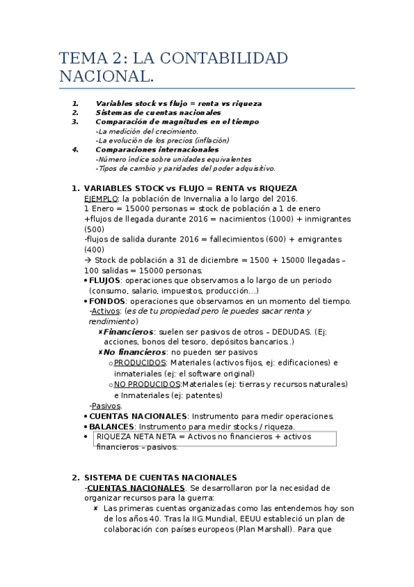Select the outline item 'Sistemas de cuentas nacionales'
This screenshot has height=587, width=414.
pos(158,112)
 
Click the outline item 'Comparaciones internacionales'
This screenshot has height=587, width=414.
pos(157,149)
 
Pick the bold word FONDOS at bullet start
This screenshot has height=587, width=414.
pos(107,301)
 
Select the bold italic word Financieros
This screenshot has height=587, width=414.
pos(128,332)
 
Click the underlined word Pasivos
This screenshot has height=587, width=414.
pos(106,406)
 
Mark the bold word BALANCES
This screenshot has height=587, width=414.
pos(111,426)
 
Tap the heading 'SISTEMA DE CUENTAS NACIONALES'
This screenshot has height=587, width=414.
pos(160,478)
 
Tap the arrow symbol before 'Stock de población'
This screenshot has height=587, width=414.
pos(87,260)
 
